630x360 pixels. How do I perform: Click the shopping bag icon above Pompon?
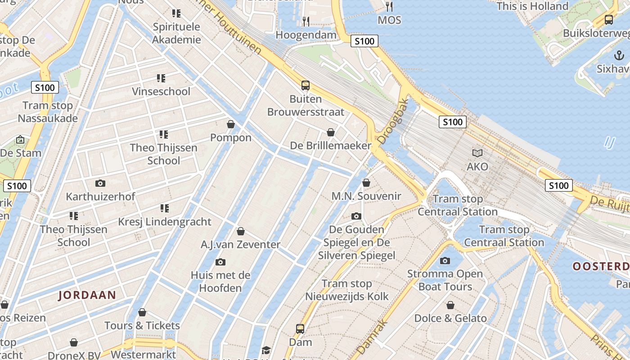click(231, 124)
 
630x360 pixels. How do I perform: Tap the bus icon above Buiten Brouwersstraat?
click(306, 85)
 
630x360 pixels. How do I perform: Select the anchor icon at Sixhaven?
click(619, 55)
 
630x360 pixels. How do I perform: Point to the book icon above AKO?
click(477, 153)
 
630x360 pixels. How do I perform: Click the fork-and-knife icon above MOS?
click(389, 7)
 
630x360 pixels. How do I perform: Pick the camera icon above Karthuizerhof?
click(100, 183)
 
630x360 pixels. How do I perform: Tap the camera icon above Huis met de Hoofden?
click(220, 262)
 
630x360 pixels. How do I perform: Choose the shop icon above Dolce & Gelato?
click(450, 305)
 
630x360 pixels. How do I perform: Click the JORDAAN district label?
click(87, 296)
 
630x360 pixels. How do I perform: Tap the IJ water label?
click(609, 143)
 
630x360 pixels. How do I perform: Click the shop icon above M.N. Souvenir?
click(366, 183)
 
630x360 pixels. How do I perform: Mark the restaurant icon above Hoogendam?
click(306, 21)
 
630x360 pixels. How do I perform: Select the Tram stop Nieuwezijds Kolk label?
click(346, 290)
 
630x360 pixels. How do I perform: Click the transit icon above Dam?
click(300, 329)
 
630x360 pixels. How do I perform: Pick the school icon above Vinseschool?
click(161, 78)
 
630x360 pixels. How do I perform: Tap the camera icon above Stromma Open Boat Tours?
click(445, 261)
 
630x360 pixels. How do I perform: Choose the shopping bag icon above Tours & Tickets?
click(142, 312)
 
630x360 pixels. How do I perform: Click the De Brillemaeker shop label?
click(331, 145)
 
